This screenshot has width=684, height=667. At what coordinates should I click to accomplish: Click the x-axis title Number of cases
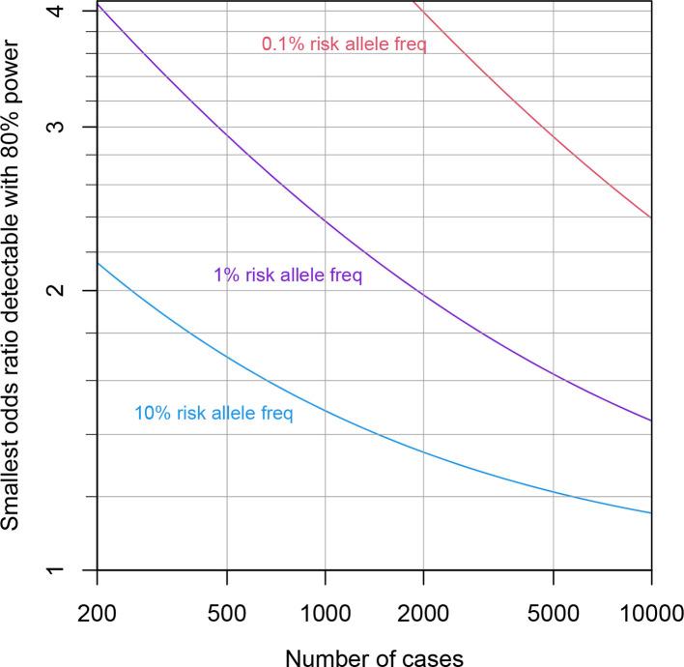coord(374,654)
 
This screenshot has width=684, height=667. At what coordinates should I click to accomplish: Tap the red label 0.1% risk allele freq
coord(344,43)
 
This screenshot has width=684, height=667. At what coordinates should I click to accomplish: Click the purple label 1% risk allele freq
coord(288,275)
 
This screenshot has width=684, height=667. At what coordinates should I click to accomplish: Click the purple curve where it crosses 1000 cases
coord(325,221)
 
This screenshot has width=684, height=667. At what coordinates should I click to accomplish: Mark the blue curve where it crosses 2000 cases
coord(423,451)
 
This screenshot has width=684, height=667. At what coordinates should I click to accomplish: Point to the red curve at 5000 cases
coord(553,136)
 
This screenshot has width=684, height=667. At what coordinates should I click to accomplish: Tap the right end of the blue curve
coord(651,512)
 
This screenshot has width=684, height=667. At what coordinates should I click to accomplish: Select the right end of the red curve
coord(651,217)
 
